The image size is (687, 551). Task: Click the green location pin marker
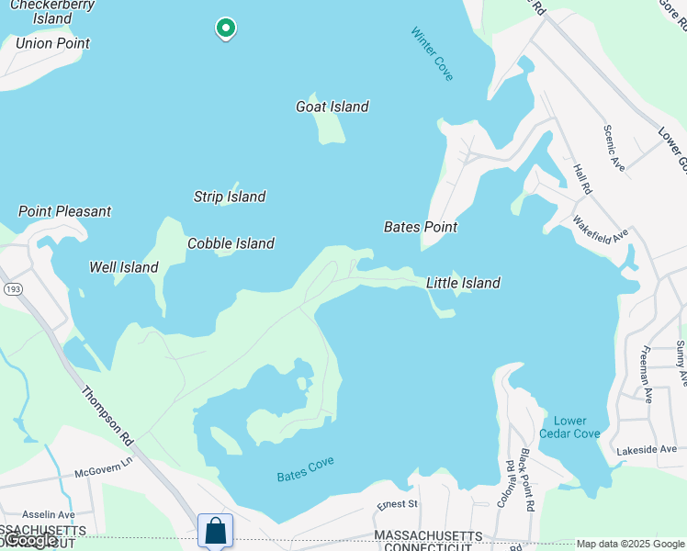coord(225,28)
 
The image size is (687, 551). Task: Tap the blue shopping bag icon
coord(215,530)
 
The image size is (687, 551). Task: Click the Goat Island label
coord(332,107)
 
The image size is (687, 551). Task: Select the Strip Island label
coord(230,197)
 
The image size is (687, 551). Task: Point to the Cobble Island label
coord(231,243)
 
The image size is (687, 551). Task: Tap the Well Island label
coord(124,267)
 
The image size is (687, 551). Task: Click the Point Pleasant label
coord(65,211)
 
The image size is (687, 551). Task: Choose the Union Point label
coord(53,43)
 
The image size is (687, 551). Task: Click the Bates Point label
coord(421,227)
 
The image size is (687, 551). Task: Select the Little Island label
coord(463,283)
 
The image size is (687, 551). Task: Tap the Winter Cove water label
coord(432,53)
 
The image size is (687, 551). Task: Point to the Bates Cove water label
coord(306,468)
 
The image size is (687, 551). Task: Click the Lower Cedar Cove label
coord(569,427)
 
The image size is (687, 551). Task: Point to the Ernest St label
coord(398,504)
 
